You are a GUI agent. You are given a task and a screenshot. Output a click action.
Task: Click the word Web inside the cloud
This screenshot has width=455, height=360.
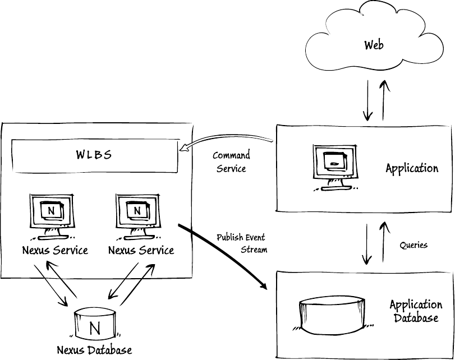click(374, 44)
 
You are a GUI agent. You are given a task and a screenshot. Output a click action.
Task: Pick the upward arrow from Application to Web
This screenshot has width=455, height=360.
click(384, 100)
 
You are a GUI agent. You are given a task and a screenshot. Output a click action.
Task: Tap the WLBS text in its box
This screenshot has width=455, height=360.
click(94, 155)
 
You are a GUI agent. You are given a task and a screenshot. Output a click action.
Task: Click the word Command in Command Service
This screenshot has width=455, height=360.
click(231, 156)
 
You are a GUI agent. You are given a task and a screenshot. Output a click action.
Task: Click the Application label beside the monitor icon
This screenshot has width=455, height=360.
click(412, 168)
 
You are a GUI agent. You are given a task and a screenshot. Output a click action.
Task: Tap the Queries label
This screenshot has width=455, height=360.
click(413, 245)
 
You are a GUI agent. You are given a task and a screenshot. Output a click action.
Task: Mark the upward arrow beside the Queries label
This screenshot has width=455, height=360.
click(384, 242)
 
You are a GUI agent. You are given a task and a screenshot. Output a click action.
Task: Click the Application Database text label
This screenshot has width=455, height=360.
click(415, 311)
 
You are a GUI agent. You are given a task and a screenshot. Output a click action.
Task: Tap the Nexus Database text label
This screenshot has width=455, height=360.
click(94, 350)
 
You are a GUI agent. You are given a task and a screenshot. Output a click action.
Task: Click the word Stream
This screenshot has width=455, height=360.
click(254, 250)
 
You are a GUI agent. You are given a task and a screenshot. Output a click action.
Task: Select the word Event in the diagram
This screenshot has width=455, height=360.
click(255, 237)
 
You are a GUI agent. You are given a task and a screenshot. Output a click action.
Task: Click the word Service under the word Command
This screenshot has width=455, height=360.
click(231, 168)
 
